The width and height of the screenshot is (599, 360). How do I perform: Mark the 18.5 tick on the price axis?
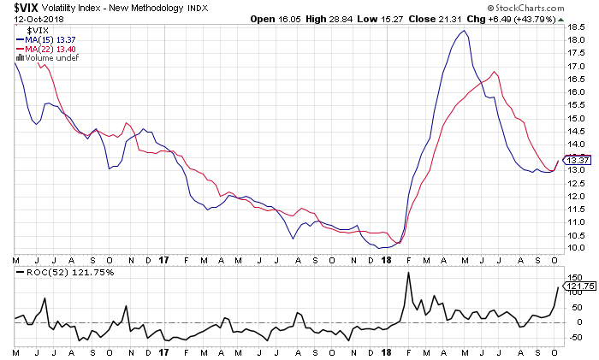(576, 27)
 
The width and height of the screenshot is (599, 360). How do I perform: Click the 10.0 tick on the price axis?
(576, 248)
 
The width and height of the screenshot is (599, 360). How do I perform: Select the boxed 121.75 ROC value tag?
(578, 287)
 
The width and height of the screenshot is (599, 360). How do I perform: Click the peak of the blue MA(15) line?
(463, 31)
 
